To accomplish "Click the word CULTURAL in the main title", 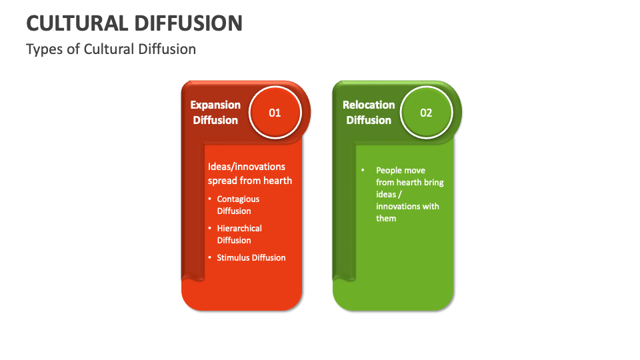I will (76, 23).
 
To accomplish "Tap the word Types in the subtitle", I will (43, 49).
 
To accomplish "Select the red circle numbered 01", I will (275, 113).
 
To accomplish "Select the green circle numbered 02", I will (426, 113).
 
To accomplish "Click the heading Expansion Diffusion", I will (215, 113).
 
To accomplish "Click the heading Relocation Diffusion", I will (369, 113).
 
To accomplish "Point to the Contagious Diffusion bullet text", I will (238, 205).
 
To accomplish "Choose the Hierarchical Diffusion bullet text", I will (239, 234).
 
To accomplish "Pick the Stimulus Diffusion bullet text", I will (251, 257).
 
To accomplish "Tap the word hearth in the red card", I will (277, 180).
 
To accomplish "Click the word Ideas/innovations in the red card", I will (247, 167).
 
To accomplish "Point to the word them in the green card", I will (386, 218).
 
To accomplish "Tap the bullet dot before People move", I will (363, 171).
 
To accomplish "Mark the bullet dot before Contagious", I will (209, 199).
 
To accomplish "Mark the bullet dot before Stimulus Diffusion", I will (209, 257).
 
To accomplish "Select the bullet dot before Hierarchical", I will (209, 228).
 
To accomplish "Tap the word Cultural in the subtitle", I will (108, 49).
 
